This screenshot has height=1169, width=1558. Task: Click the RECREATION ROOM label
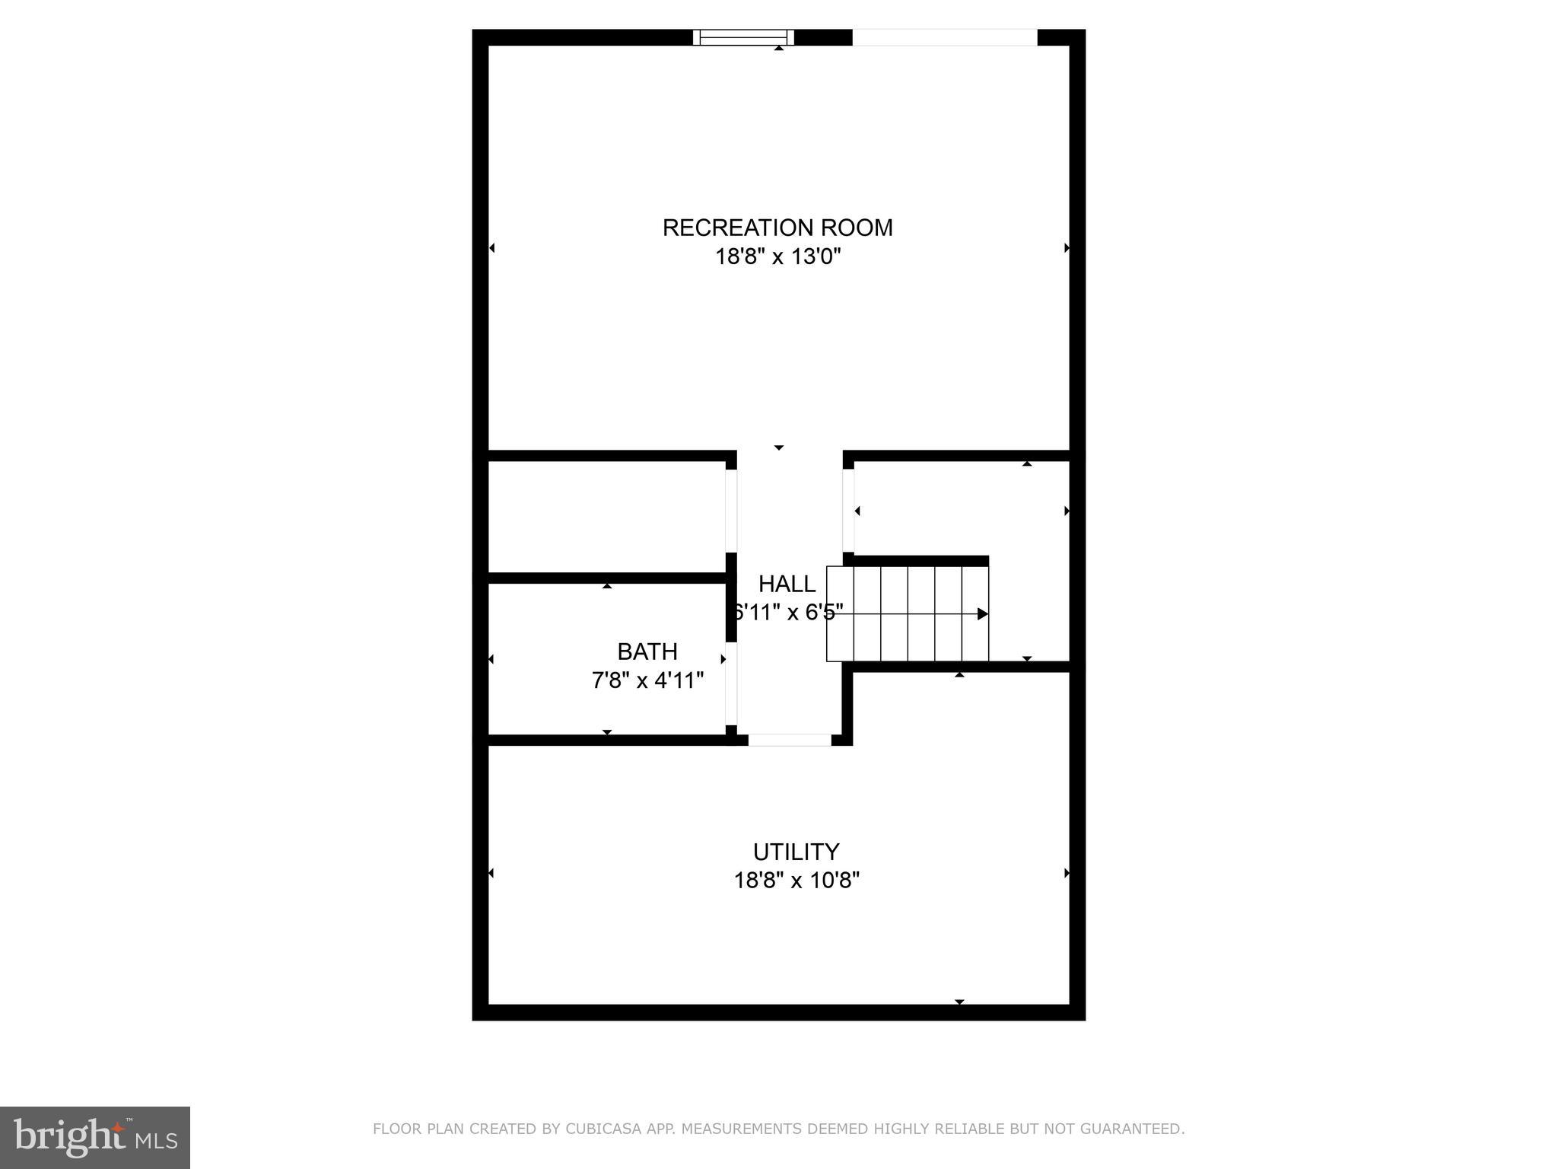777,228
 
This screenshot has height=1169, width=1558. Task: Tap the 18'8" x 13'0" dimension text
777,256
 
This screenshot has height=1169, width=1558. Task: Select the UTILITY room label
796,851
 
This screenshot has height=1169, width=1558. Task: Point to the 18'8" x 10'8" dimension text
796,881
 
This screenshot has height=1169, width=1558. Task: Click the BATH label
647,651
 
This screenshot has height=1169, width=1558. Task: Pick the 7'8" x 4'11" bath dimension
647,680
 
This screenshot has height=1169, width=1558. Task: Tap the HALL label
787,584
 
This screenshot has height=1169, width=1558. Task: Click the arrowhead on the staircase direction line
982,613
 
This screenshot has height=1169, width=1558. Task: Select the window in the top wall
743,37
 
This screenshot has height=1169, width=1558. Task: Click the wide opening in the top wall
944,37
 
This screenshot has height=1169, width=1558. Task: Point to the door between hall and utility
790,740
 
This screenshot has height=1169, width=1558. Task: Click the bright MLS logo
95,1137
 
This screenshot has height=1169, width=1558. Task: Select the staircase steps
908,613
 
